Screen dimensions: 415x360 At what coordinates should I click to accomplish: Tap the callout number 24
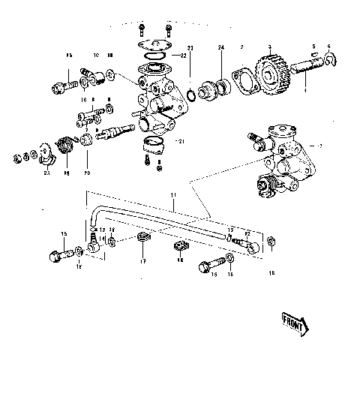221,48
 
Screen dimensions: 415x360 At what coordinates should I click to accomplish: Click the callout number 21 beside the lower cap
179,140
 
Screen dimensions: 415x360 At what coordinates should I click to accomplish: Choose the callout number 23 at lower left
46,173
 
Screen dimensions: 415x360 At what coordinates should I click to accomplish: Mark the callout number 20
87,173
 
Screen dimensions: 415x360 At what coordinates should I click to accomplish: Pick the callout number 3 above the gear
268,47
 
